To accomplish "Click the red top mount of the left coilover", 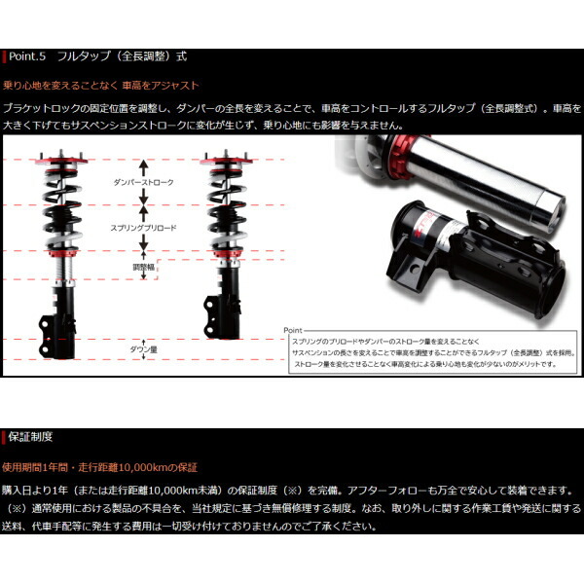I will tap(56, 159).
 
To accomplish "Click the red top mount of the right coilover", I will tap(221, 159).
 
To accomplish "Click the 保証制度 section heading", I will tap(33, 437).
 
